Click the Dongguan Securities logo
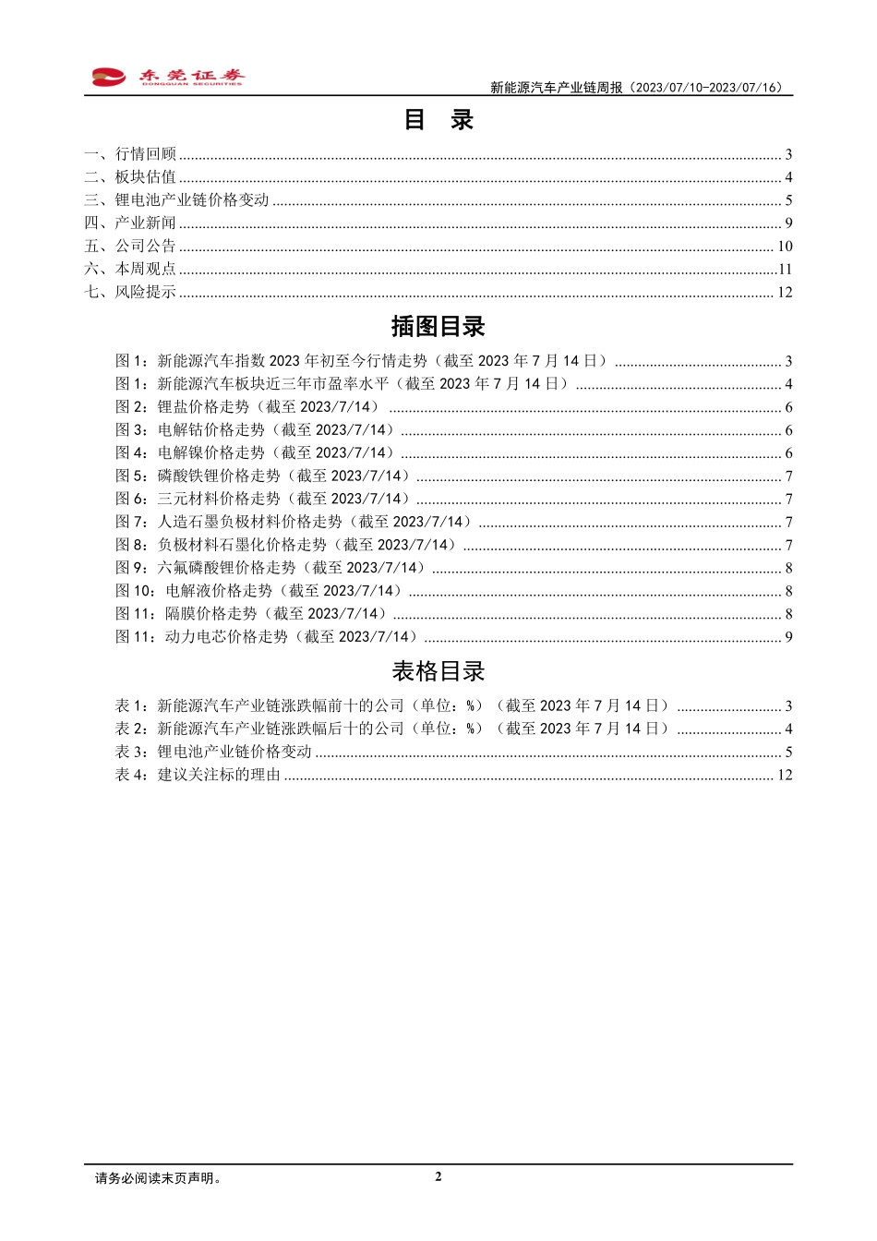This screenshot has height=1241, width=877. (168, 78)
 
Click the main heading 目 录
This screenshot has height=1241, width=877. (438, 120)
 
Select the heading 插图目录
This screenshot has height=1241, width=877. (438, 327)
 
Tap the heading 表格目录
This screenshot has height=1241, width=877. (438, 671)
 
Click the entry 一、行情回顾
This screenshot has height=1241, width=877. (130, 154)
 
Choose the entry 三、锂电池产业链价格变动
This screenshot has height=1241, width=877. (176, 200)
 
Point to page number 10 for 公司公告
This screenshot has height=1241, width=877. (785, 247)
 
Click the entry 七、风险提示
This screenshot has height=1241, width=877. (130, 293)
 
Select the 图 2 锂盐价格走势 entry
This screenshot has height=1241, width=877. (247, 407)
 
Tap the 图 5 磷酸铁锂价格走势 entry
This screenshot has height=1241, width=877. (263, 476)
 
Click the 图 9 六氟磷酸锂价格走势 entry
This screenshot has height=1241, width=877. (270, 568)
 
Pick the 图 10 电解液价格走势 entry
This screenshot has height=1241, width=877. (259, 591)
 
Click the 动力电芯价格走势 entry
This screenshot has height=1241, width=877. (267, 637)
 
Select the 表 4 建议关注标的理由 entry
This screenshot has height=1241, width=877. (198, 775)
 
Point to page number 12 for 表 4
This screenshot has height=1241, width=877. (785, 775)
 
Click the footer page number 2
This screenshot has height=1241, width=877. (438, 1176)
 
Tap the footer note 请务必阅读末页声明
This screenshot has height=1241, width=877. (159, 1178)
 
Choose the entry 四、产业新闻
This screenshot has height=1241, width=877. (130, 223)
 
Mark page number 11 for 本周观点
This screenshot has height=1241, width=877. (786, 270)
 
